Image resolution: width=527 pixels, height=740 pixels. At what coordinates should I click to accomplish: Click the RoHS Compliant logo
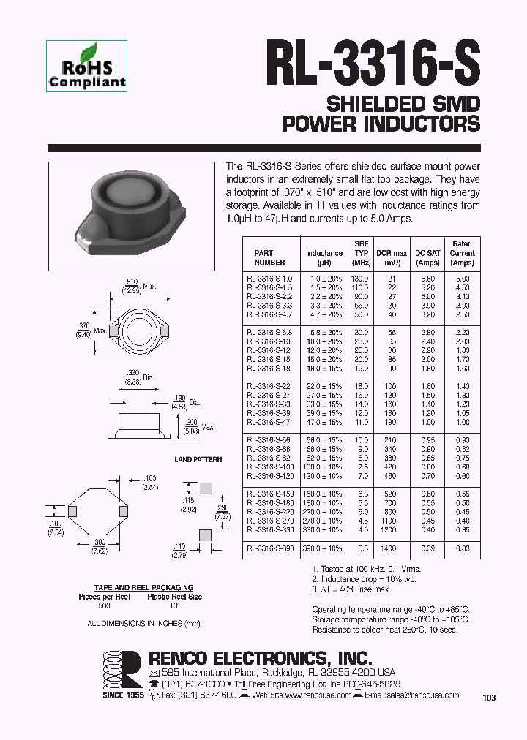[x=87, y=67]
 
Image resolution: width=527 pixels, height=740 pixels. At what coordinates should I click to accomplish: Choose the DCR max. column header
[x=392, y=253]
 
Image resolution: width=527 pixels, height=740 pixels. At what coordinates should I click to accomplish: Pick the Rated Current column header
[x=462, y=253]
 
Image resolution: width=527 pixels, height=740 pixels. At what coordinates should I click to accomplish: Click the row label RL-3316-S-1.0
[x=269, y=279]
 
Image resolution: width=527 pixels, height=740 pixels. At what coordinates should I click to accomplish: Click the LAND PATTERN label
[x=193, y=459]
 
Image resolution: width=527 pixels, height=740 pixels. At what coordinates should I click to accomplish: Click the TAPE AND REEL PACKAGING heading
[x=143, y=587]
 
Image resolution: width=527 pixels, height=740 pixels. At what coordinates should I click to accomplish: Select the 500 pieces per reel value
[x=104, y=605]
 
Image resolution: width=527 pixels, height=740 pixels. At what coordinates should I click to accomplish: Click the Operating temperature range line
[x=391, y=609]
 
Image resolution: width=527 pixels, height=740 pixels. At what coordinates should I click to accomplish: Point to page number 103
[x=489, y=698]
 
